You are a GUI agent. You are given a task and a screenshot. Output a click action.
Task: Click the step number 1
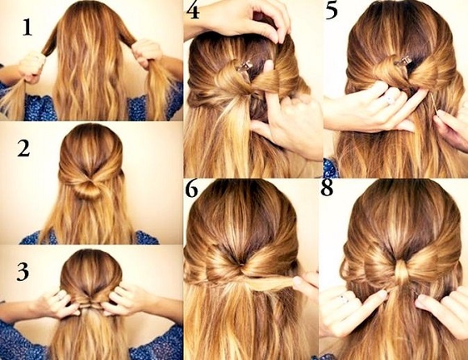pyautogui.click(x=27, y=28)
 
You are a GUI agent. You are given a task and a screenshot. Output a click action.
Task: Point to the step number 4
pyautogui.click(x=193, y=11)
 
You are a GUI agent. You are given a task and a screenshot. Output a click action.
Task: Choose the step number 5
pyautogui.click(x=332, y=11)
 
